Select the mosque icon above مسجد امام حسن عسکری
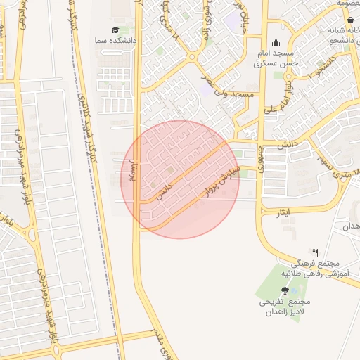click(x=276, y=42)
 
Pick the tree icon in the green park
click(x=284, y=290)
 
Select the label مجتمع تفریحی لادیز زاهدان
click(x=285, y=306)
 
